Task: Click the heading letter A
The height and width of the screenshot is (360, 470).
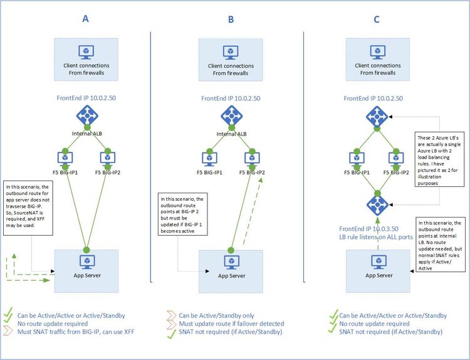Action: (x=86, y=19)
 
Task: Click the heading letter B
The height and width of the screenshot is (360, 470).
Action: (x=231, y=20)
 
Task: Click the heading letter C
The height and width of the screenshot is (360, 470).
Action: (x=376, y=20)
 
